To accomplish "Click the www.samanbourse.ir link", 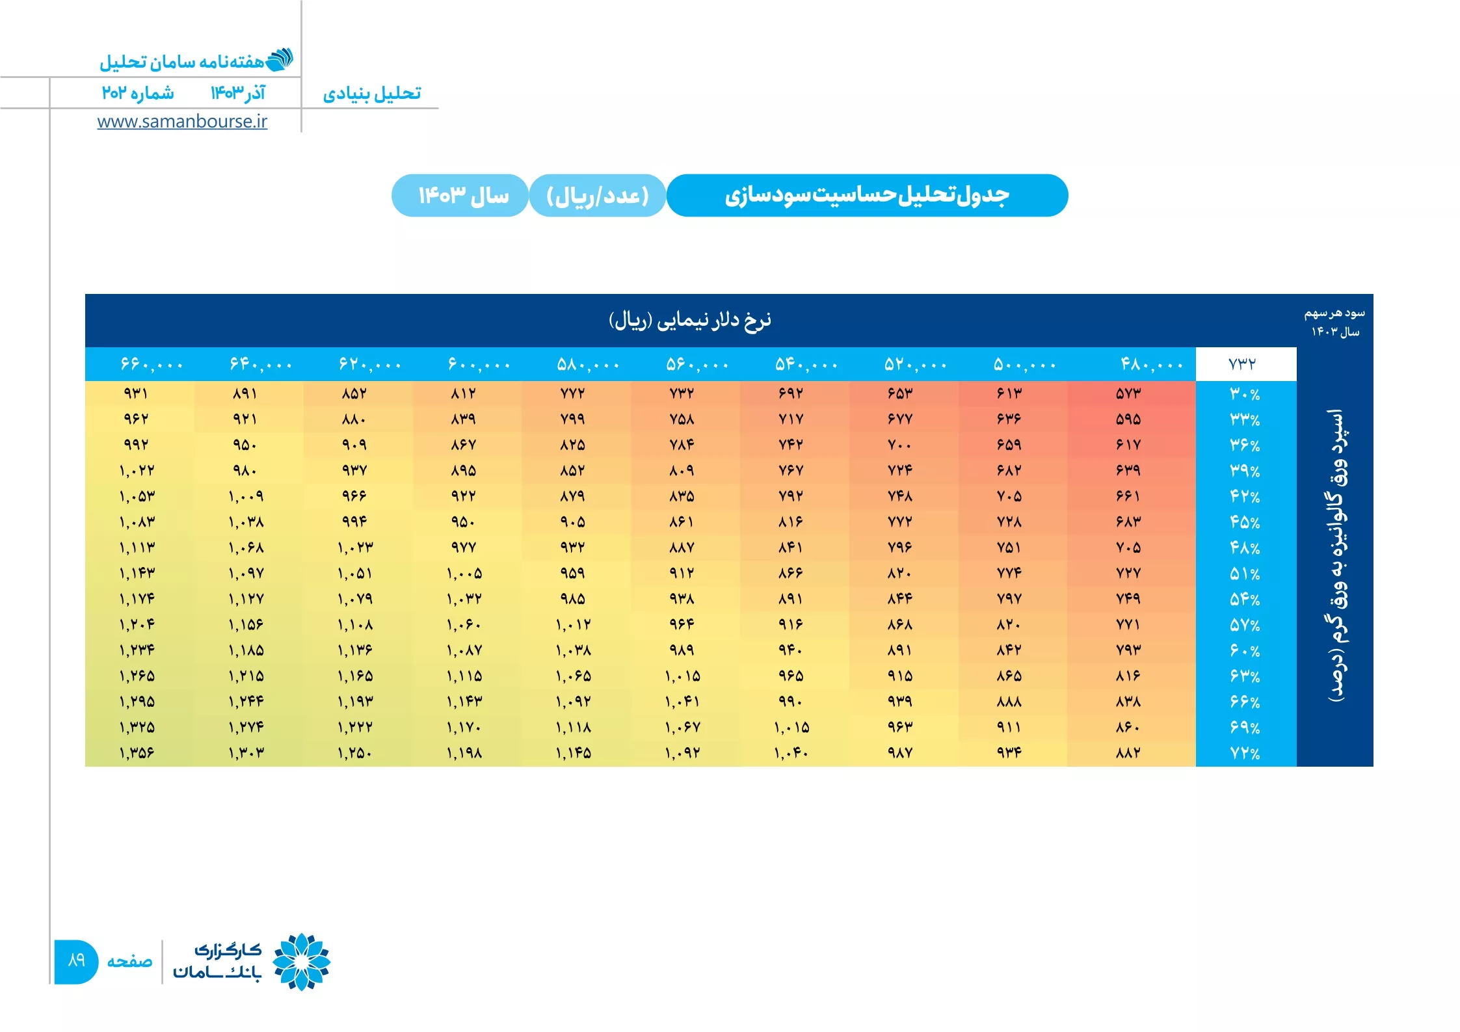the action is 182,122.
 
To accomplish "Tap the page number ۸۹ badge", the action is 76,961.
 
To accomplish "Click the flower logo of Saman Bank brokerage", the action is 302,961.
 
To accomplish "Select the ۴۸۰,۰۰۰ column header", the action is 1150,364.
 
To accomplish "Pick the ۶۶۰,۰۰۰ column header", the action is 152,364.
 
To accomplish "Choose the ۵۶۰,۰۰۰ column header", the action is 697,364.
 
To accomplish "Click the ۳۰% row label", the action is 1245,394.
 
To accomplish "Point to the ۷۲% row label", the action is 1245,753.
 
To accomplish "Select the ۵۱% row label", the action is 1245,574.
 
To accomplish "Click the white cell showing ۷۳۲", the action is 1245,364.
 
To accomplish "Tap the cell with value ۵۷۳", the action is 1128,393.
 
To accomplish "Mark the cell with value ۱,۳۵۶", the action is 137,753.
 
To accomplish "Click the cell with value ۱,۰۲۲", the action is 137,470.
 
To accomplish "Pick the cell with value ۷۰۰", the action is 899,445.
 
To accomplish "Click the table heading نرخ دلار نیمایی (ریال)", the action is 690,320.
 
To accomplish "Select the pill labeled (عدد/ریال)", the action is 598,195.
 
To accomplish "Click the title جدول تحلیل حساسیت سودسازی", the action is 867,195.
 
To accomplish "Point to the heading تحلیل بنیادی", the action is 372,94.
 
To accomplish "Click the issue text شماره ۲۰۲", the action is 138,93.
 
